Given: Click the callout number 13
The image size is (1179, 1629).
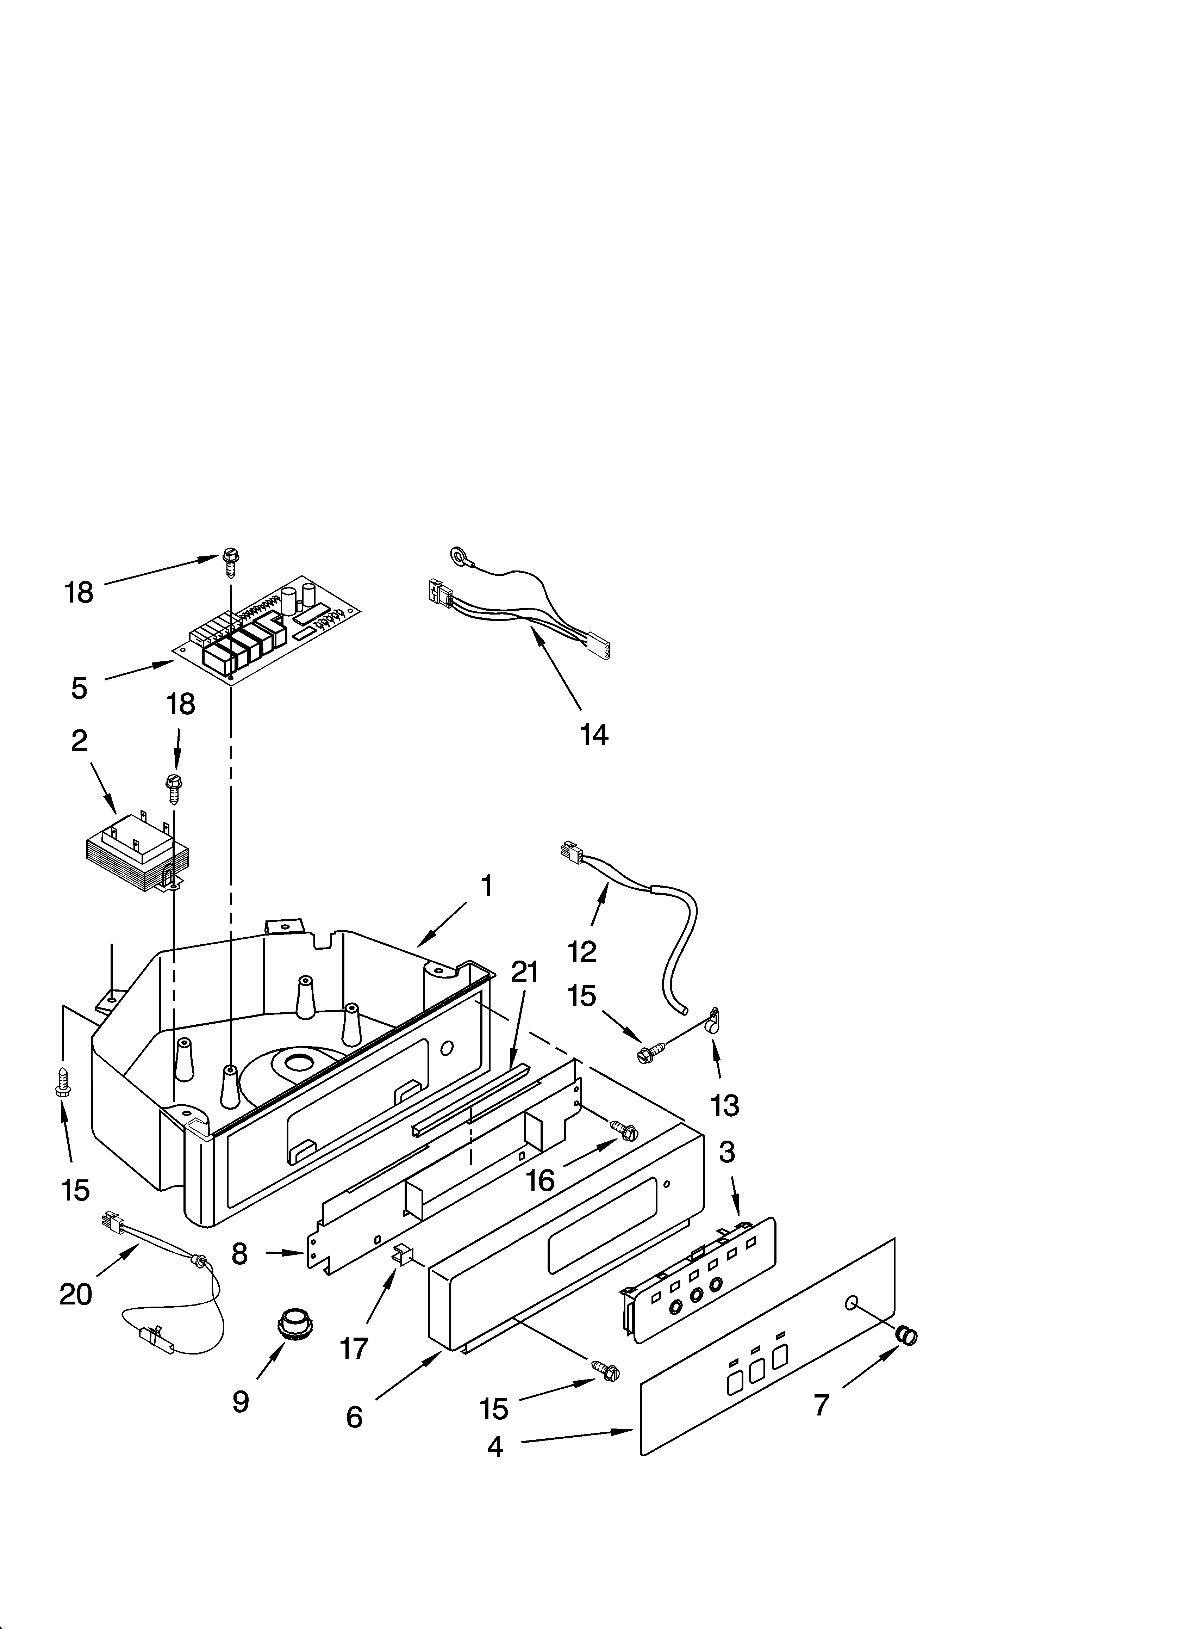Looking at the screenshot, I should tap(724, 1105).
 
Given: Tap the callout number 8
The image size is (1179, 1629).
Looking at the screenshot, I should tap(240, 1254).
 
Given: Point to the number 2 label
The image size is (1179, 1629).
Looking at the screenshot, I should tap(79, 741).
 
